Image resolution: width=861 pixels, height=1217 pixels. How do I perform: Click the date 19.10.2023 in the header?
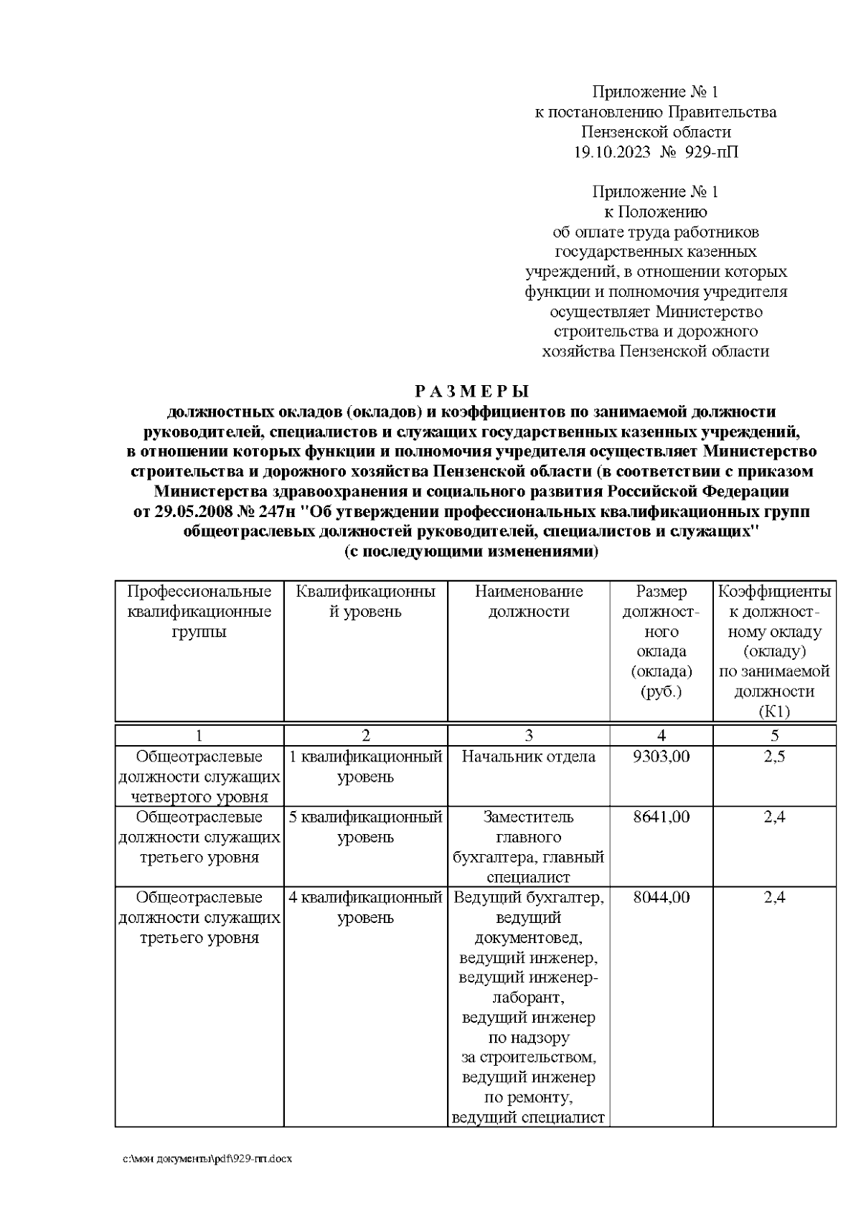coord(612,153)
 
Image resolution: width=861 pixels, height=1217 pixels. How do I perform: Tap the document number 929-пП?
coord(711,153)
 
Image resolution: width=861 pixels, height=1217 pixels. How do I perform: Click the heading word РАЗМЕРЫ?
coord(472,392)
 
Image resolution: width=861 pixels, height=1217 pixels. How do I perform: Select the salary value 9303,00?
coord(661,757)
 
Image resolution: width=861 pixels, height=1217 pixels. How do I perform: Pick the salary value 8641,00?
coord(661,817)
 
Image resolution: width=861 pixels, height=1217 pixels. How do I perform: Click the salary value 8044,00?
coord(661,897)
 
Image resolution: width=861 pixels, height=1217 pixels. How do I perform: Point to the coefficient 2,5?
coord(774,757)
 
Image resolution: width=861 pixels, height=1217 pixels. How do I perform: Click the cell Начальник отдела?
coord(528,757)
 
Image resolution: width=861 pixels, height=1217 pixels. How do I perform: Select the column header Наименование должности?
coord(528,602)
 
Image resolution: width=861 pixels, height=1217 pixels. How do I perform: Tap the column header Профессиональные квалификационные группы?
coord(199,612)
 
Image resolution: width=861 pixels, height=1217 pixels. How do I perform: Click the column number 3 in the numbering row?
coord(529,735)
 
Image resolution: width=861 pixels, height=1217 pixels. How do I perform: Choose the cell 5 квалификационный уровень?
coord(365,827)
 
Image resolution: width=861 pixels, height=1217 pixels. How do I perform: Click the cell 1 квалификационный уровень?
coord(365,767)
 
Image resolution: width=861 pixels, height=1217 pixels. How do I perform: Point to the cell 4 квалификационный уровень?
coord(365,907)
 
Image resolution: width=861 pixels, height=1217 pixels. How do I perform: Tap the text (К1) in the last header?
coord(774,712)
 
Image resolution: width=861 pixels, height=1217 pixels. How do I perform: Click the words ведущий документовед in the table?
coord(528,927)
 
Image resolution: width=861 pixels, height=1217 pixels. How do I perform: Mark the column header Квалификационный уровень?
coord(365,602)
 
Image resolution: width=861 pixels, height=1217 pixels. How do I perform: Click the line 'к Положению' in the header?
coord(655,212)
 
